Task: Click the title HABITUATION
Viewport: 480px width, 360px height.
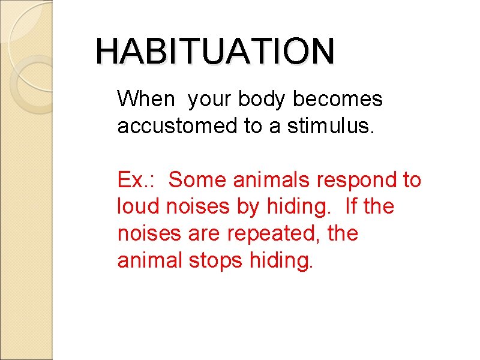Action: [215, 51]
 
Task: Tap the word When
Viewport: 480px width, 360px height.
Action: [145, 99]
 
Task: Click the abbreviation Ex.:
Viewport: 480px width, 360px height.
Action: [134, 179]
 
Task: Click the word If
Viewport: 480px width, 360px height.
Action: [352, 206]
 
